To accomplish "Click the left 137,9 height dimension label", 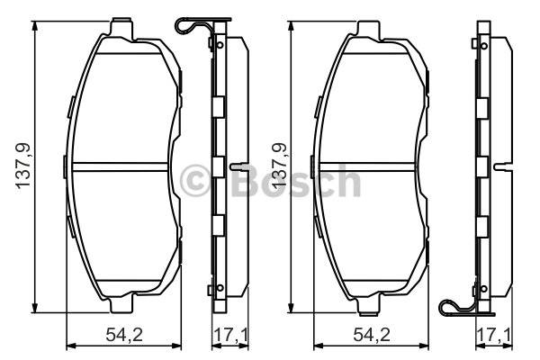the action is (x=23, y=166).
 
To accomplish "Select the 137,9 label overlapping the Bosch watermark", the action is (x=279, y=166).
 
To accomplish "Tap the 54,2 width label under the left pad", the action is (x=124, y=335).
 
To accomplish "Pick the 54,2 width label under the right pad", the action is (x=372, y=335).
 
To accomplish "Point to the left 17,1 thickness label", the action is (x=230, y=335).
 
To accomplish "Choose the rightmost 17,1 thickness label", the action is (x=494, y=335).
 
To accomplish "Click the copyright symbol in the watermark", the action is (x=194, y=181).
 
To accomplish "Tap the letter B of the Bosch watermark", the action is (x=244, y=180).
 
